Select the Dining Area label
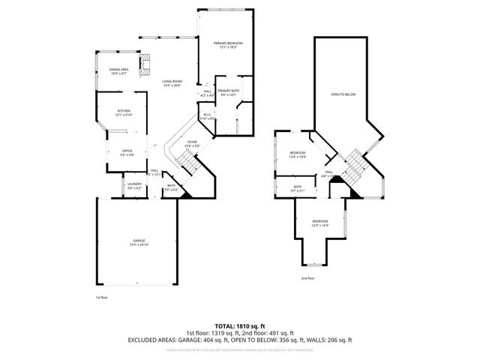point(120,71)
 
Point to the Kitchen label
point(123,112)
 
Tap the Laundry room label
point(134,185)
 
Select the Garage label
point(139,242)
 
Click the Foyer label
point(192,144)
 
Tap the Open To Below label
point(343,94)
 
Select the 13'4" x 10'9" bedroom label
point(298,154)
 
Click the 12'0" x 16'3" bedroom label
point(320,223)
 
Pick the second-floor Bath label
point(298,187)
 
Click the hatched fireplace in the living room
point(147,61)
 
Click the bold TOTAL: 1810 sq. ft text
point(240,326)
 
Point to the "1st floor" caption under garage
point(103,298)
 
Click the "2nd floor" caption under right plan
point(308,278)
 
